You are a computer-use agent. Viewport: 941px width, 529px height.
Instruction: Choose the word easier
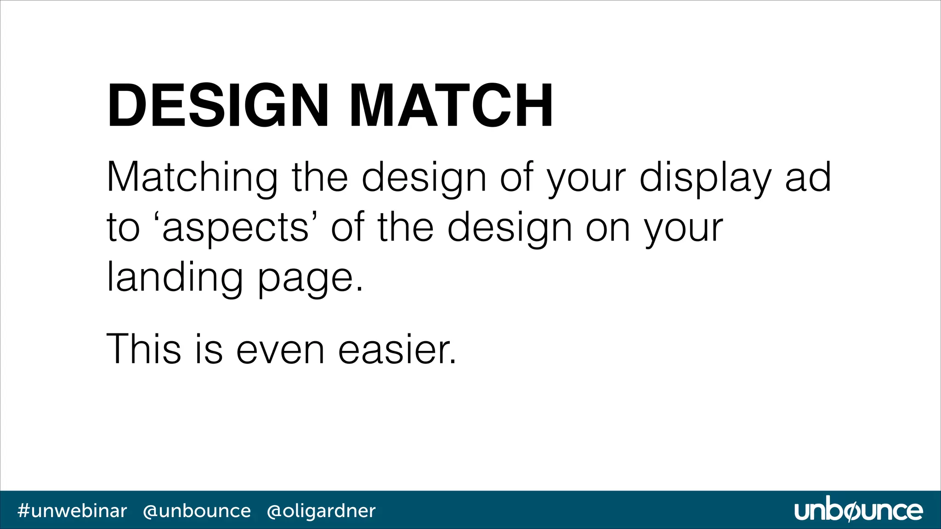[397, 349]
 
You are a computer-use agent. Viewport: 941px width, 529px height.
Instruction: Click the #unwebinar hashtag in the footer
[72, 511]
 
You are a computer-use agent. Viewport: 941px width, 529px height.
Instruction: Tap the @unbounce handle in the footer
[197, 511]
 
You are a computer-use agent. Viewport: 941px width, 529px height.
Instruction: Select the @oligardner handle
[321, 511]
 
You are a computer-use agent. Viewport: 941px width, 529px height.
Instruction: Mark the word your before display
[586, 179]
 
